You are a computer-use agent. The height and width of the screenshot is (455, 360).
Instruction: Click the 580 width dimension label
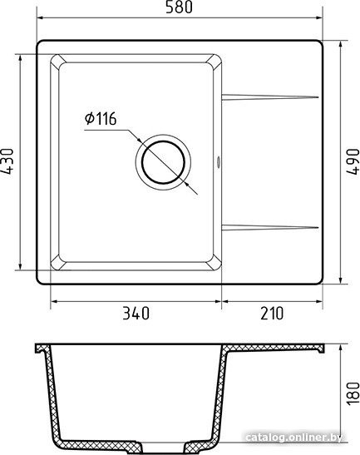coord(179,8)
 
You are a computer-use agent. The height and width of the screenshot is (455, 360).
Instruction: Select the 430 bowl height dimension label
coord(8,162)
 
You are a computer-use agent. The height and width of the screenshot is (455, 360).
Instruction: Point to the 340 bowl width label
coord(136,314)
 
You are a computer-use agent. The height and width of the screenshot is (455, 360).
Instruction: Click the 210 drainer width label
coord(271,314)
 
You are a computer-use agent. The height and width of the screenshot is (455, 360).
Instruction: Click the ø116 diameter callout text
coord(100,119)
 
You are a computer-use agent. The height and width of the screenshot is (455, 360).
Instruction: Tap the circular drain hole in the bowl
coord(163,161)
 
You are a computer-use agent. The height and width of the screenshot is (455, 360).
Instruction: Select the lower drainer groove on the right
coord(270,227)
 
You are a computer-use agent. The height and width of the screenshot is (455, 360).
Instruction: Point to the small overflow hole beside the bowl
coord(219,162)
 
